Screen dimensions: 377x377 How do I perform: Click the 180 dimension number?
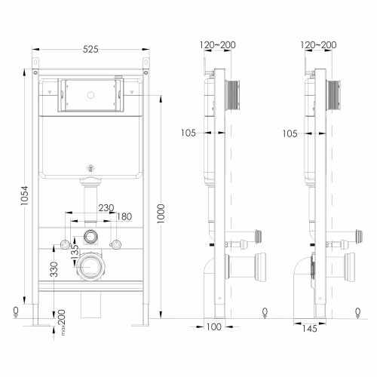coord(124,217)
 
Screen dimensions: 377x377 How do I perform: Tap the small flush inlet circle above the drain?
coord(90,235)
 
